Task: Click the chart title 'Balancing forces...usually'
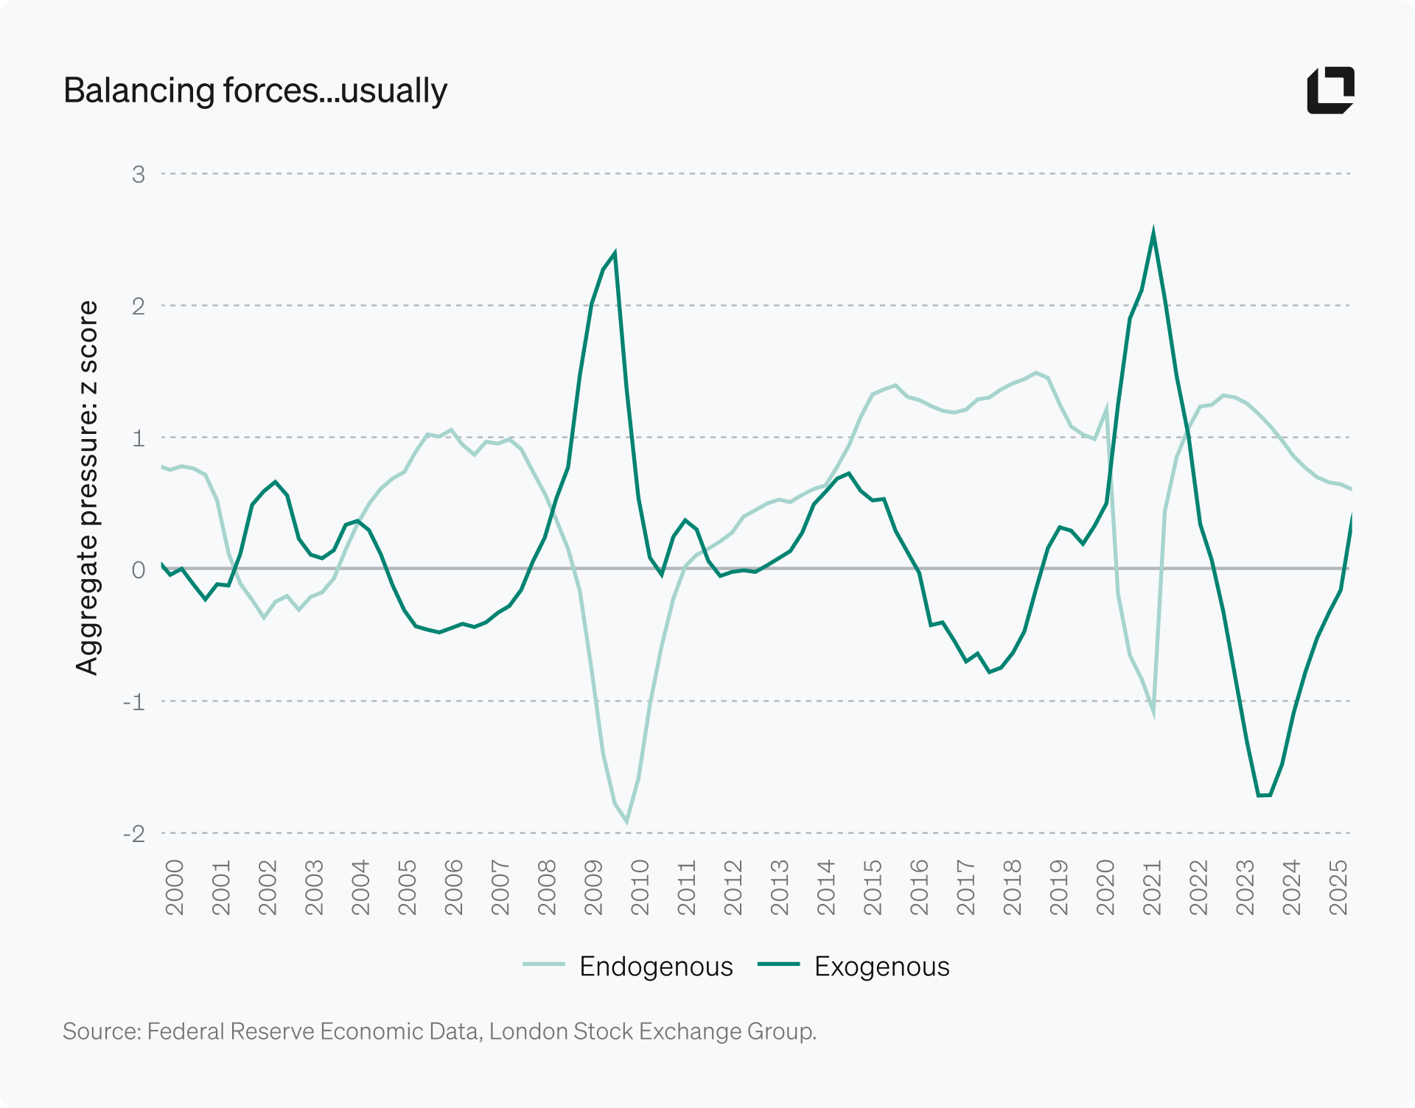[x=255, y=91]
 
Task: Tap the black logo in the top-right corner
[x=1330, y=91]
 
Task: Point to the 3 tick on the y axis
[x=139, y=175]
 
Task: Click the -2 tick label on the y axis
[x=134, y=833]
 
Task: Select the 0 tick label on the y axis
[x=139, y=569]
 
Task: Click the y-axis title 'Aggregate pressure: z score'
[x=87, y=488]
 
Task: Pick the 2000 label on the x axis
[x=175, y=887]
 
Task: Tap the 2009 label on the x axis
[x=593, y=887]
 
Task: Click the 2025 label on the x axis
[x=1338, y=887]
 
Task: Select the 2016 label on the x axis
[x=919, y=887]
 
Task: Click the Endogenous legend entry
[x=628, y=966]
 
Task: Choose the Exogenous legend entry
[x=854, y=966]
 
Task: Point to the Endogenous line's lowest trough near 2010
[x=626, y=821]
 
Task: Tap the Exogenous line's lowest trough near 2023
[x=1265, y=795]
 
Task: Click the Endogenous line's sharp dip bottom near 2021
[x=1153, y=712]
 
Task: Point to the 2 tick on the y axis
[x=139, y=306]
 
